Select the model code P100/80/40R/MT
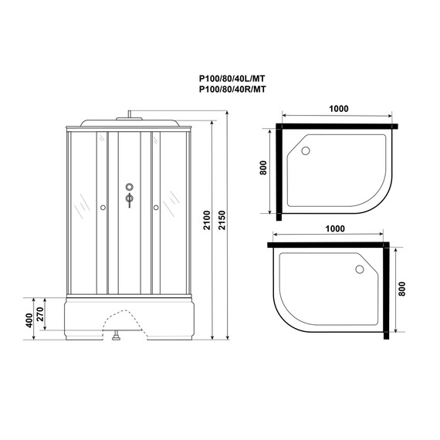coord(232,90)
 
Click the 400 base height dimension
coord(29,318)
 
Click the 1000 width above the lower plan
coord(334,229)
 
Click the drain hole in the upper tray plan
coord(304,151)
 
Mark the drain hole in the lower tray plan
coord(360,269)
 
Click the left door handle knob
coord(103,207)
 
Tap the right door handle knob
coord(155,207)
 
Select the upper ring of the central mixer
coord(129,187)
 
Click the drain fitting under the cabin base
coord(116,337)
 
